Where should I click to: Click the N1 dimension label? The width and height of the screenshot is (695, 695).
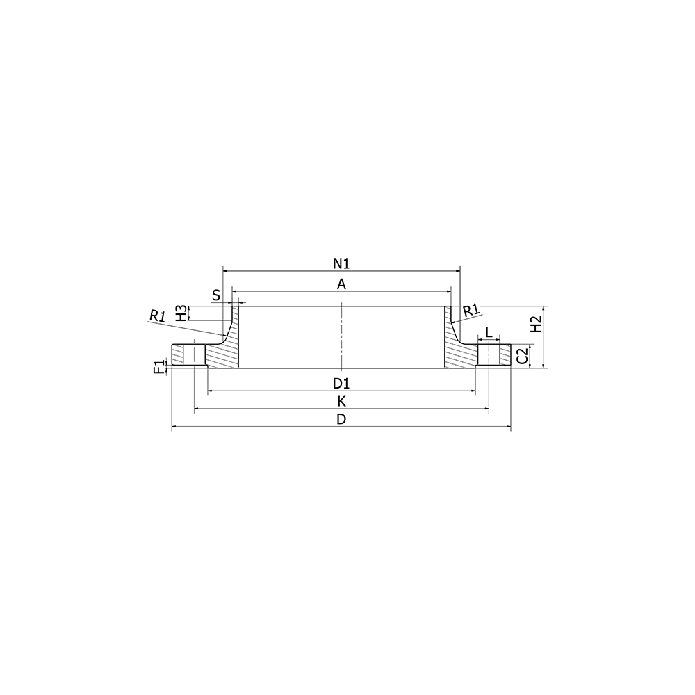click(x=341, y=263)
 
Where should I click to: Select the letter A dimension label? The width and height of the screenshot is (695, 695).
click(x=341, y=284)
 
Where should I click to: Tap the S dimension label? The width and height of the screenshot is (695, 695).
click(x=216, y=295)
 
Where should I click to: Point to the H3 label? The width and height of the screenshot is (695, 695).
click(x=181, y=313)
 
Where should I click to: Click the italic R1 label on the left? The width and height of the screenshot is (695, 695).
click(x=157, y=316)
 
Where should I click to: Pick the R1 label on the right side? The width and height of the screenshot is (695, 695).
click(x=471, y=311)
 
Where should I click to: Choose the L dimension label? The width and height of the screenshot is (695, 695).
click(x=489, y=332)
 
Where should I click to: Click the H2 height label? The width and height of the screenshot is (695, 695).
click(x=537, y=325)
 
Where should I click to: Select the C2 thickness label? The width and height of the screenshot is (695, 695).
click(x=523, y=356)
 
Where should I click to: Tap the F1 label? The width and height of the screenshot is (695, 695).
click(x=158, y=368)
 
